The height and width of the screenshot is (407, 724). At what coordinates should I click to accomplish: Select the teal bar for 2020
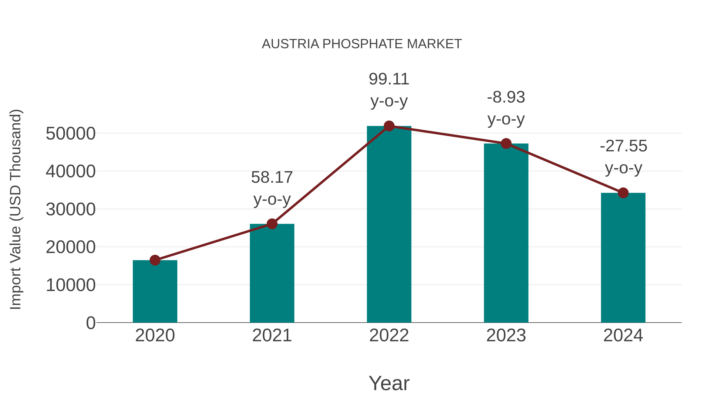coord(155,292)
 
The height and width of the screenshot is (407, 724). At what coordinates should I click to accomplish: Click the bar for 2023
coord(506,233)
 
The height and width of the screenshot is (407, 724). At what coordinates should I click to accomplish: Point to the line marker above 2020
coord(155,260)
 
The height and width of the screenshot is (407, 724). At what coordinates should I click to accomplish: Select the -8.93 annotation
coord(506,97)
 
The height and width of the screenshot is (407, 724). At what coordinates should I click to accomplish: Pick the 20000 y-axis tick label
coord(71,247)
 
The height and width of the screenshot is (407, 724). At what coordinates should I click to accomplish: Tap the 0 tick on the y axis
coord(90,323)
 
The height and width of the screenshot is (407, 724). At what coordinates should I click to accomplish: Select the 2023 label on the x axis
coord(506,336)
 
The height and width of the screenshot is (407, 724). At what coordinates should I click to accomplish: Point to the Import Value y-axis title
coord(16,209)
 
